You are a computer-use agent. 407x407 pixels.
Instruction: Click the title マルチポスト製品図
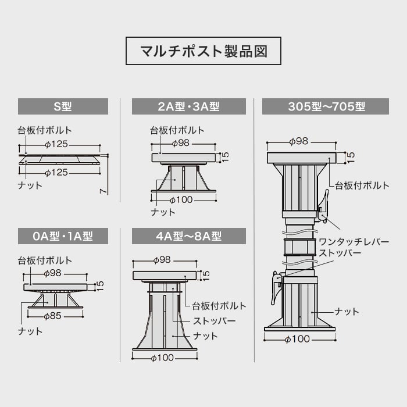(203, 51)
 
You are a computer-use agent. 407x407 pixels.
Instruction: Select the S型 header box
(63, 106)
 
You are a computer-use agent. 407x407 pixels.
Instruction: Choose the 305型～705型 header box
(326, 106)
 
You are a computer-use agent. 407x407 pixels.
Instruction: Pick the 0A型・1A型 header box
(63, 236)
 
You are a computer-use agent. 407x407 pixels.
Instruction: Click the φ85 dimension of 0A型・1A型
(54, 317)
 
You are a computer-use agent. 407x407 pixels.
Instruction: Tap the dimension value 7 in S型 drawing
(102, 190)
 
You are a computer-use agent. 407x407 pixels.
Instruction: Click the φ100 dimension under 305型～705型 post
(297, 339)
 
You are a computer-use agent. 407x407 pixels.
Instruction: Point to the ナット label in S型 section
(30, 185)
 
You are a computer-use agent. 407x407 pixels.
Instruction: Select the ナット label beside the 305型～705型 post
(347, 312)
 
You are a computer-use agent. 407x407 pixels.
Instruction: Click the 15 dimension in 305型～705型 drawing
(350, 157)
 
